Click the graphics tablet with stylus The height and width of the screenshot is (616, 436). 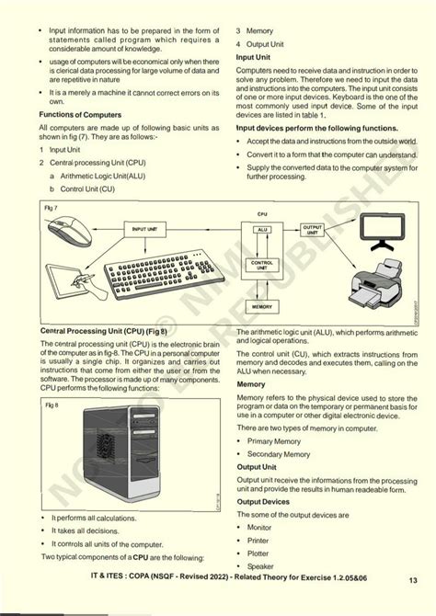pyautogui.click(x=74, y=285)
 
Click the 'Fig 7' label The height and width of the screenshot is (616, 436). pyautogui.click(x=50, y=211)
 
